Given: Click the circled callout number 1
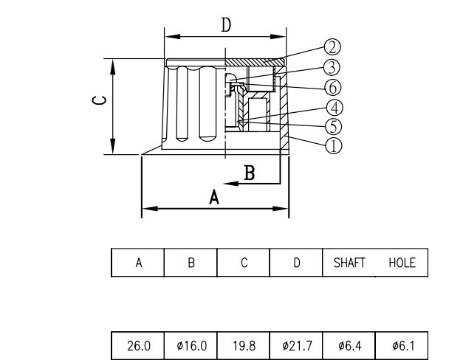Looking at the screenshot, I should [x=333, y=145].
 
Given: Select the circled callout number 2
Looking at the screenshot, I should [x=332, y=46].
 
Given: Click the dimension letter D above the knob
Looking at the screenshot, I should [x=226, y=24].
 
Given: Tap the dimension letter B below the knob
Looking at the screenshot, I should [x=250, y=173].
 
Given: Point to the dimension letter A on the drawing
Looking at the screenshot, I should [x=215, y=197].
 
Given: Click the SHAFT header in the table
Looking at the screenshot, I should [x=349, y=263].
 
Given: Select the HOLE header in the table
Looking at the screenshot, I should [x=401, y=263].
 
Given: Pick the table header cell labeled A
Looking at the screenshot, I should [x=137, y=263].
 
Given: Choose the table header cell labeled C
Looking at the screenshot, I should [x=243, y=263].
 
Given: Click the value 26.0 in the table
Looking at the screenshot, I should [x=137, y=345].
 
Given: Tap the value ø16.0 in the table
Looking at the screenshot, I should [x=190, y=345].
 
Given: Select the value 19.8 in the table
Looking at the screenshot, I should [x=243, y=345].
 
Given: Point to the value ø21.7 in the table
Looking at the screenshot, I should [x=295, y=345].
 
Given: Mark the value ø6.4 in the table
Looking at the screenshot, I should [x=349, y=345].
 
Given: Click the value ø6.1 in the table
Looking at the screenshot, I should [x=401, y=345].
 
